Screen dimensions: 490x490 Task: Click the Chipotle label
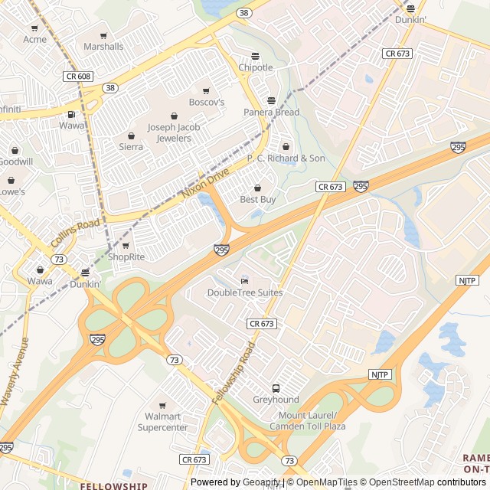pyautogui.click(x=256, y=67)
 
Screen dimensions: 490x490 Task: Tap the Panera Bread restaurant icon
pyautogui.click(x=270, y=100)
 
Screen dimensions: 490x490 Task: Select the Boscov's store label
pyautogui.click(x=207, y=102)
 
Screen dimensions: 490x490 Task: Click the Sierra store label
pyautogui.click(x=131, y=146)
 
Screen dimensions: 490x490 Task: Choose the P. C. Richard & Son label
pyautogui.click(x=286, y=158)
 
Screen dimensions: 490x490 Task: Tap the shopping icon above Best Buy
pyautogui.click(x=257, y=188)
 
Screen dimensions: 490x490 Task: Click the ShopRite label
pyautogui.click(x=126, y=256)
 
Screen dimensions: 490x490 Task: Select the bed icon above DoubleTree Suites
pyautogui.click(x=244, y=280)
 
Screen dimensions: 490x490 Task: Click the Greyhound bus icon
pyautogui.click(x=276, y=388)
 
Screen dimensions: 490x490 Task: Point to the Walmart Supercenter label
pyautogui.click(x=162, y=422)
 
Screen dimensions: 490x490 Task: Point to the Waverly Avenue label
pyautogui.click(x=15, y=371)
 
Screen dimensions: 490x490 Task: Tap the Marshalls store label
pyautogui.click(x=103, y=47)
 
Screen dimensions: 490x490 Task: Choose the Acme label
pyautogui.click(x=34, y=39)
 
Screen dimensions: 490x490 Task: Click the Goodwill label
pyautogui.click(x=15, y=162)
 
